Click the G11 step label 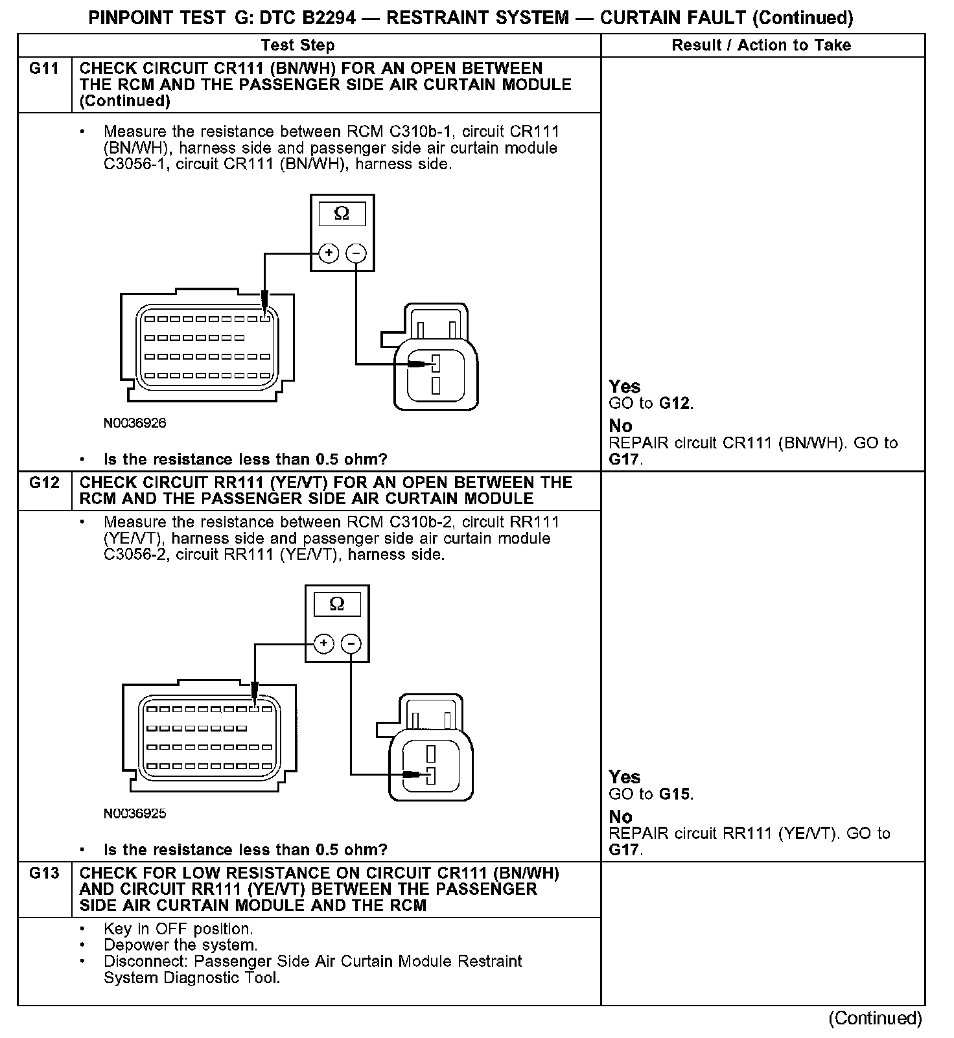(44, 69)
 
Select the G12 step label (44, 483)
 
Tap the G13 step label (44, 873)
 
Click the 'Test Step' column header (297, 45)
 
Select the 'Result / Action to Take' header (762, 45)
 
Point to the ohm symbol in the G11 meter (342, 213)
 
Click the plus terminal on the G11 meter (329, 253)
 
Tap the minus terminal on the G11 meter (356, 253)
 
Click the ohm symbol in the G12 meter (337, 604)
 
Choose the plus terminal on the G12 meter (323, 643)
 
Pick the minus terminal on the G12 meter (351, 643)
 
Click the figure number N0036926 (135, 423)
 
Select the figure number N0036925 (135, 813)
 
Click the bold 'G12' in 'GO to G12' (675, 404)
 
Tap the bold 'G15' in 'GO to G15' (675, 794)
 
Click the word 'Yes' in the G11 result (625, 387)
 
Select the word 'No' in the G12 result (620, 816)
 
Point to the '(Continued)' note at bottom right (875, 1019)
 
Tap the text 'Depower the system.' (180, 945)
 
